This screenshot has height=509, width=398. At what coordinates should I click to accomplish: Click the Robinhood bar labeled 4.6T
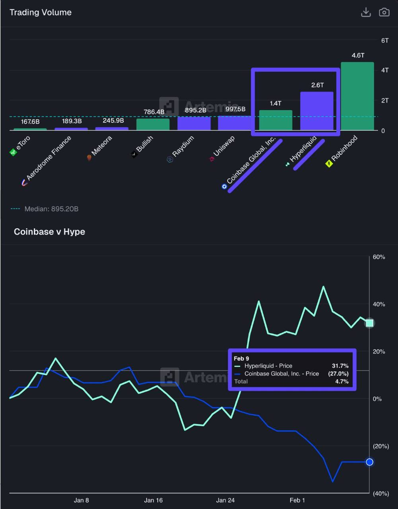coord(357,96)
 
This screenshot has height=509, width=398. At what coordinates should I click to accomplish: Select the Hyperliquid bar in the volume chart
coord(316,111)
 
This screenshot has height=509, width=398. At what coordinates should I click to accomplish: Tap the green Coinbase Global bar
coord(276,120)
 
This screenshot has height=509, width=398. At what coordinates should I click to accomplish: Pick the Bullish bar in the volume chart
coord(153,124)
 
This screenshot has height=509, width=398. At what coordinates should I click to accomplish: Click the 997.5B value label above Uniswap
coord(235,109)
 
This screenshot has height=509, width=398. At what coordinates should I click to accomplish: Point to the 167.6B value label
coord(30,122)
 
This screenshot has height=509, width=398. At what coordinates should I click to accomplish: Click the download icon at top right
coord(366,12)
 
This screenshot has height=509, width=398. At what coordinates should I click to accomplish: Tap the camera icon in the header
coord(384,12)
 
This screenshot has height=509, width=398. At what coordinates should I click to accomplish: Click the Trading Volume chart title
coord(41,12)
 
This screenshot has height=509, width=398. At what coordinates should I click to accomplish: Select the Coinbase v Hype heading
coord(49,232)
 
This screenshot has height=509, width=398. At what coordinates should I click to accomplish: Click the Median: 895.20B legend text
coord(51,209)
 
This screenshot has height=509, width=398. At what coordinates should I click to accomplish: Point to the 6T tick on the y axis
coord(384,41)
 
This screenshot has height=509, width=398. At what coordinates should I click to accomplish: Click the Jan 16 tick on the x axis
coord(153,500)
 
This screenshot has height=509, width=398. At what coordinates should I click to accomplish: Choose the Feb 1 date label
coord(297,500)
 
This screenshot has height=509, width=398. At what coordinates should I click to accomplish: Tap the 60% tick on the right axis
coord(379,257)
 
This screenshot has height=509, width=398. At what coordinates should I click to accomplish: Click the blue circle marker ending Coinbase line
coord(370,462)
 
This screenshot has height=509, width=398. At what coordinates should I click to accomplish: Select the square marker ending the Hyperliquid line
coord(370,323)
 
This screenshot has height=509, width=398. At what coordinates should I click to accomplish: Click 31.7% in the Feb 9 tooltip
coord(340,366)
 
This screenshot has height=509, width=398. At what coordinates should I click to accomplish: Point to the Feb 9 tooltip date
coord(241,359)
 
